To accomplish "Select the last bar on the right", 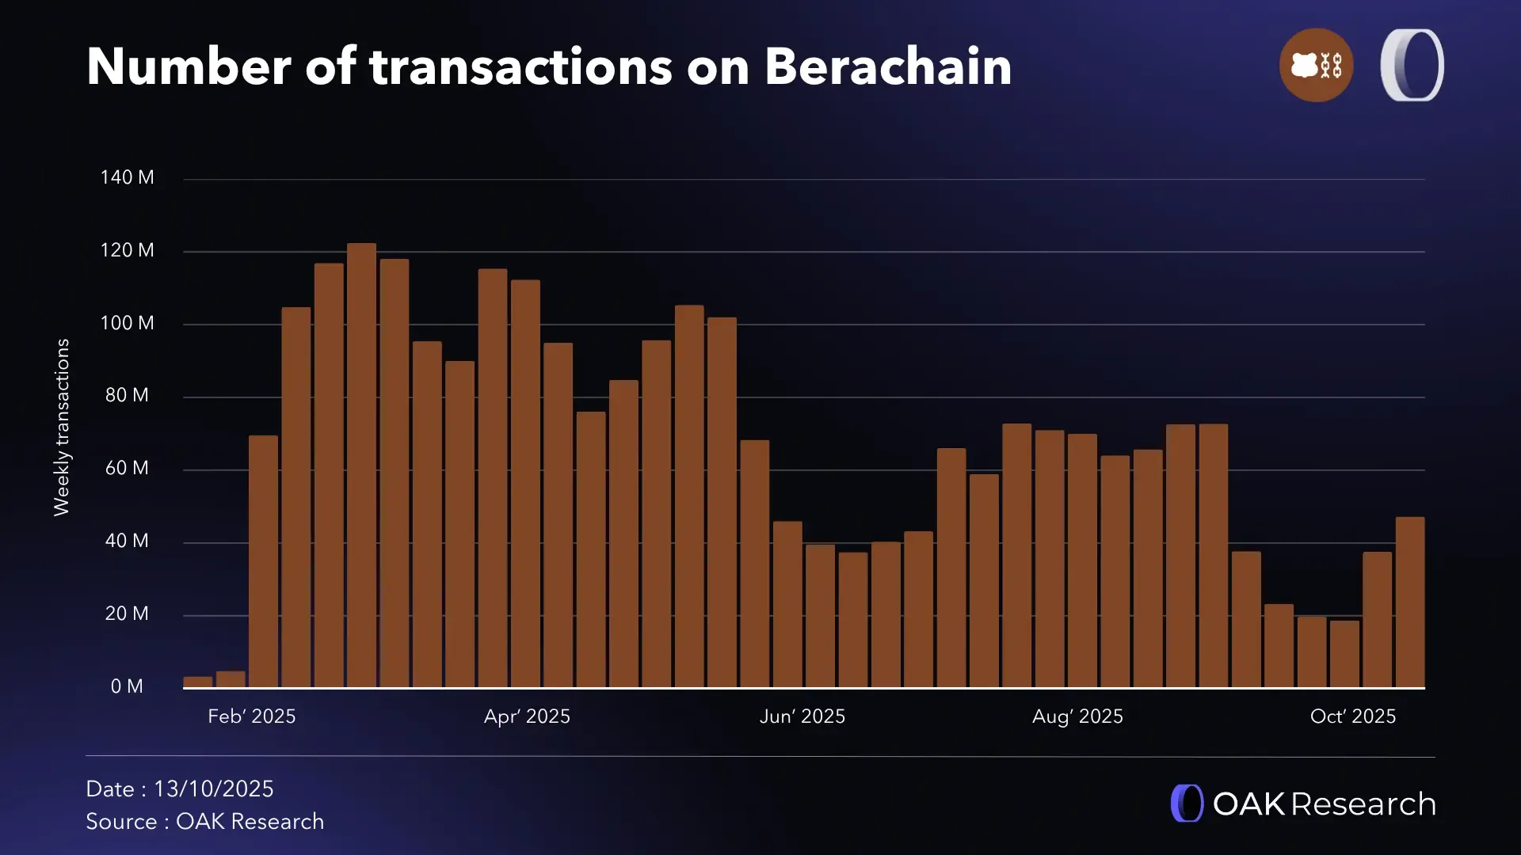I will pos(1409,602).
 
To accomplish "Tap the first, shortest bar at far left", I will pos(198,682).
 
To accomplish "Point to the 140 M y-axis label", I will pos(127,177).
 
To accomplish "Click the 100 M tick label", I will pos(127,323).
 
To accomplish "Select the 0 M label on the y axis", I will pos(127,686).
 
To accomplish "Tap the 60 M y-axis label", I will pos(127,468).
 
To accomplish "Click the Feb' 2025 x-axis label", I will pos(251,716).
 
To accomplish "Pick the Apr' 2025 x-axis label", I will pos(527,716).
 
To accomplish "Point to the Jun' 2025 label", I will pos(802,716).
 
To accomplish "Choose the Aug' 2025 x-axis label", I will pos(1077,716).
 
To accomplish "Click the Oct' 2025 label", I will pos(1353,716).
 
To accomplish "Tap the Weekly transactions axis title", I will pos(62,427).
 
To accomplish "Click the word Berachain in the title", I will pos(888,66).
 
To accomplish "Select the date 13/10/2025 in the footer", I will pos(213,789).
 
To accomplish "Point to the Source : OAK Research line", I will pos(204,822).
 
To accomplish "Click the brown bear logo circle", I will pos(1316,65).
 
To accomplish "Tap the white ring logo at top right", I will pos(1412,65).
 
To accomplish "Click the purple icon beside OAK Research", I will pos(1187,804).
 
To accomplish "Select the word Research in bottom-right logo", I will pos(1363,804).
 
